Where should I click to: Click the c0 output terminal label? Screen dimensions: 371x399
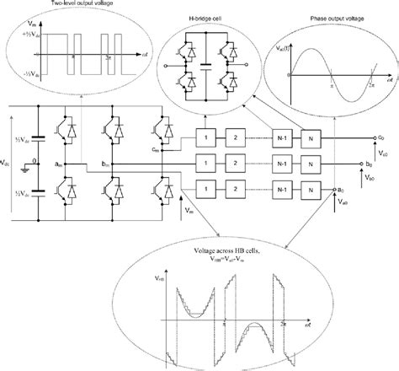click(384, 138)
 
